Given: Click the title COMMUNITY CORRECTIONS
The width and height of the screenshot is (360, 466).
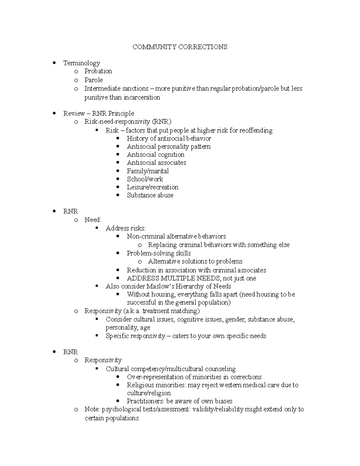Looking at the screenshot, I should [x=180, y=47].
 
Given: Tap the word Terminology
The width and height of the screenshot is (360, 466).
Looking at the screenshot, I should [x=81, y=63].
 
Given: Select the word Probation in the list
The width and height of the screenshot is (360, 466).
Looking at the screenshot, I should [x=98, y=71].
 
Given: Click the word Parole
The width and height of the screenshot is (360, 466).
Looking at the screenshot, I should [x=93, y=80].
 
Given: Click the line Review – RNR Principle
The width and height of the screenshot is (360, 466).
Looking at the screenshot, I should [x=98, y=113].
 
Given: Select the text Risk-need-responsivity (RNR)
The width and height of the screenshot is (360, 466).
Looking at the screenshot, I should [x=128, y=122].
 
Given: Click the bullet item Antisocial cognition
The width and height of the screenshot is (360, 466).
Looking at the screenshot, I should [x=155, y=155].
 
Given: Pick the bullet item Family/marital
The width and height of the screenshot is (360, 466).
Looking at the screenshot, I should [x=148, y=171].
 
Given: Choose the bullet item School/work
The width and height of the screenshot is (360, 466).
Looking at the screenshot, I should [x=145, y=179].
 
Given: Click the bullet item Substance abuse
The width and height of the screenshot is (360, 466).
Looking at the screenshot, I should [x=150, y=195].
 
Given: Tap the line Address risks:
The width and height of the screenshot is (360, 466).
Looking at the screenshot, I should [x=125, y=228].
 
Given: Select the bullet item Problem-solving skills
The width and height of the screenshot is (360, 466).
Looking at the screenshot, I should [x=159, y=253].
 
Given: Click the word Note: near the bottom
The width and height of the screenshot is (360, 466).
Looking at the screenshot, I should [x=92, y=409].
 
